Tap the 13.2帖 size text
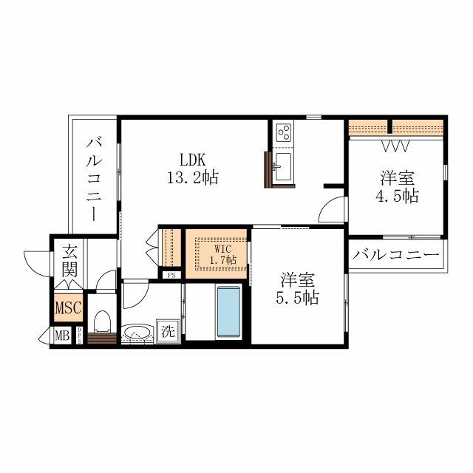click(x=194, y=177)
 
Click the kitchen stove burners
click(x=284, y=132)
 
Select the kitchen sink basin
click(x=283, y=166)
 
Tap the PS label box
click(x=171, y=276)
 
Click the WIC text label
click(x=223, y=248)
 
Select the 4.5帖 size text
click(x=395, y=197)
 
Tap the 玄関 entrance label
click(x=69, y=259)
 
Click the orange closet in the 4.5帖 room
click(x=396, y=127)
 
